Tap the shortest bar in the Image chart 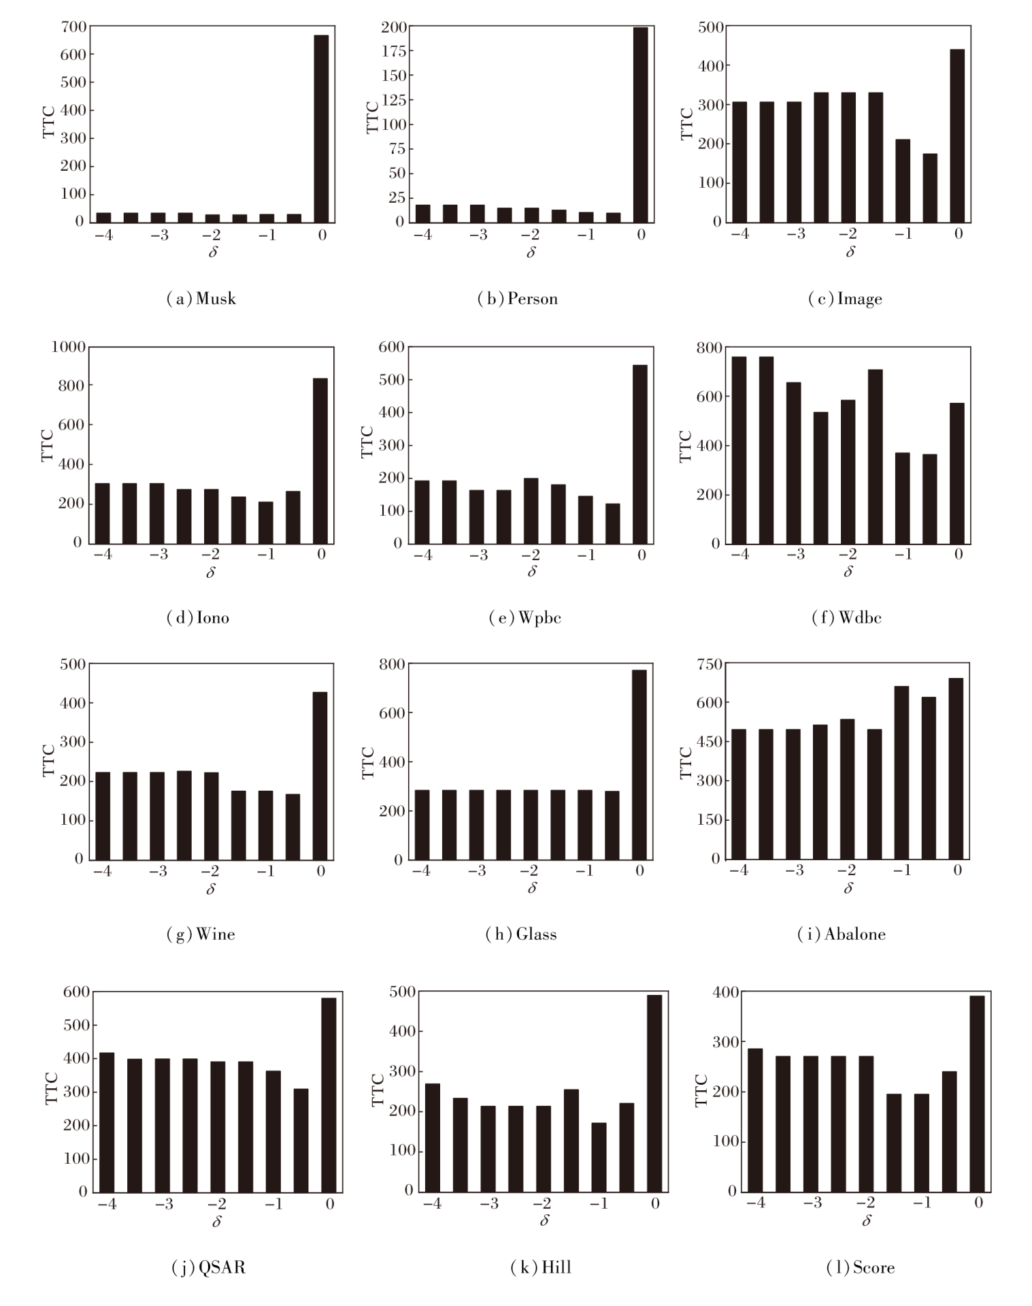point(930,188)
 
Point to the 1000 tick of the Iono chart point(68,347)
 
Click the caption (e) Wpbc point(525,617)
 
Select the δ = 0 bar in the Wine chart point(320,776)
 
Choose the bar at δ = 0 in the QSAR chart point(329,1095)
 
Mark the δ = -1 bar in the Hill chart point(599,1158)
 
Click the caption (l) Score point(860,1267)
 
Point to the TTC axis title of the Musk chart point(48,123)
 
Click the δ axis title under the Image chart point(850,252)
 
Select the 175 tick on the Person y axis point(394,51)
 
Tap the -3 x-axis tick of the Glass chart point(477,871)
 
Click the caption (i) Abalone point(842,934)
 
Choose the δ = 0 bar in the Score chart point(977,1094)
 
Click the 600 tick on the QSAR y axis point(76,992)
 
